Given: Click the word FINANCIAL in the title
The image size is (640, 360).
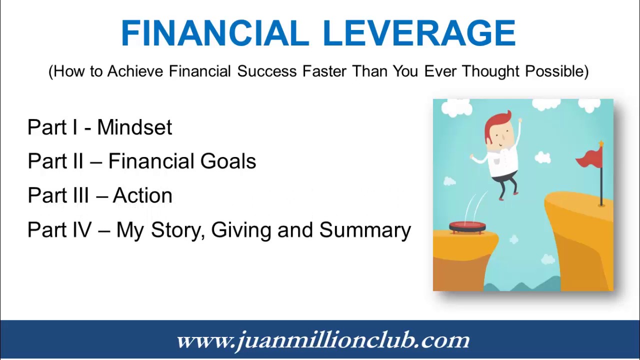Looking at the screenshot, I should coord(215,34).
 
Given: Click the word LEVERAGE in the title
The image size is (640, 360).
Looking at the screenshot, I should coord(419,34).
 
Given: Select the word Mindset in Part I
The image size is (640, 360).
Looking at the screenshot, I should coord(134,127).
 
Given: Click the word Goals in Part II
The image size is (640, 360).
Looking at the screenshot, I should coord(228,161).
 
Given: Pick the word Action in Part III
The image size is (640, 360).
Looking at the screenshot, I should coord(142,195).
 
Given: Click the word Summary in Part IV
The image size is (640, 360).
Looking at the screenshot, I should coord(365,230).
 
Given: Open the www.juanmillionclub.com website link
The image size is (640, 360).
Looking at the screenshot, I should coord(323,340).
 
